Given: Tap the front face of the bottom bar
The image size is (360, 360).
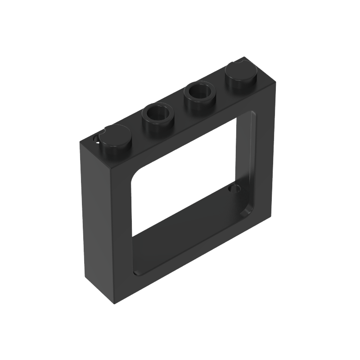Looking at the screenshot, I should [x=193, y=252].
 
